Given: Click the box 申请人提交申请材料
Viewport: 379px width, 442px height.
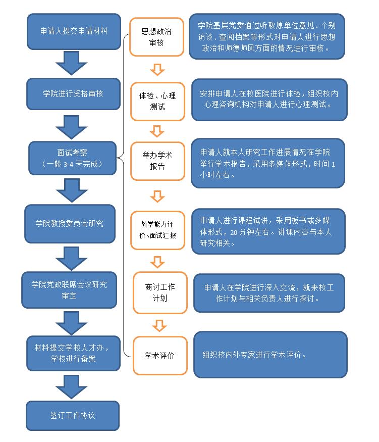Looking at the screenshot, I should point(73,31).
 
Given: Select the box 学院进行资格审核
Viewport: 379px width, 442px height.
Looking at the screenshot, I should point(73,93).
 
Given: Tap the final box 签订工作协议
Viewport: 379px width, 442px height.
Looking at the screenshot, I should point(73,415).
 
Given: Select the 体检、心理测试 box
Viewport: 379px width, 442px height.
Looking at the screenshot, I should point(157,101).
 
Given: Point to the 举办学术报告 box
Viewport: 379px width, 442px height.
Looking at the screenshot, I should point(157,161).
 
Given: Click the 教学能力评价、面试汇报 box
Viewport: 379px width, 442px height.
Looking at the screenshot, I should point(157,230).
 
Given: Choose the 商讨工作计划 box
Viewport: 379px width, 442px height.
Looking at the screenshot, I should point(160,292).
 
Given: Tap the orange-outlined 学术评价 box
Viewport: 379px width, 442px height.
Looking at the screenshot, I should point(160,356).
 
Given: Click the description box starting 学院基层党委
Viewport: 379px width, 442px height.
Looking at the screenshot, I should point(267,36).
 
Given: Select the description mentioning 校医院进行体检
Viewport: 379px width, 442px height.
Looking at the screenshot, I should point(269,99).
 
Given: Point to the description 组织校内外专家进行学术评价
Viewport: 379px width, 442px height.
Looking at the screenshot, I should point(270,354).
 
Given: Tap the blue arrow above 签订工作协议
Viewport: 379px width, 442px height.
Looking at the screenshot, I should point(71,386).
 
